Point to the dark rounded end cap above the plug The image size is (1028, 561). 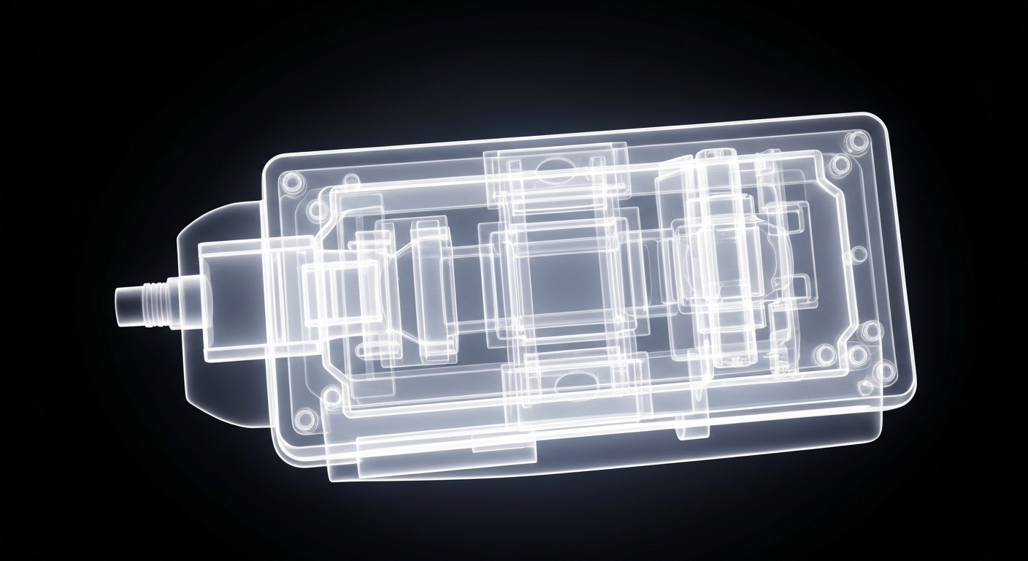tap(219, 219)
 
